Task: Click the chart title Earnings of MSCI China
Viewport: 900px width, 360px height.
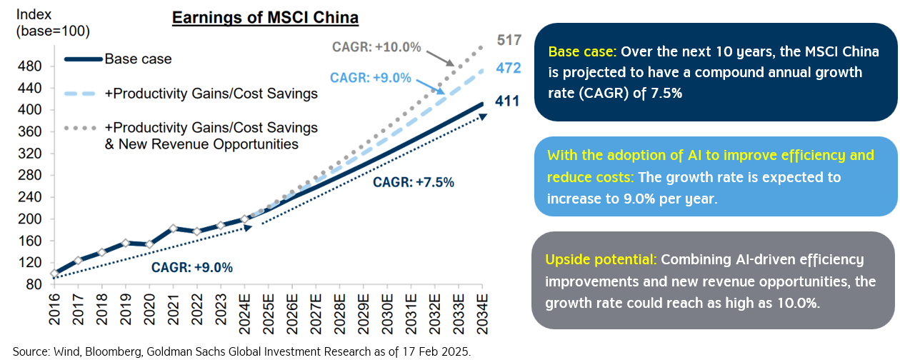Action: (265, 18)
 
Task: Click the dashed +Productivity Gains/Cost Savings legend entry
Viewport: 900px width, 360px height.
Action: (211, 94)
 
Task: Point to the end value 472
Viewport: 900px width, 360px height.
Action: (509, 69)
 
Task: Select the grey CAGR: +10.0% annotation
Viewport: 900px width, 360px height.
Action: (376, 47)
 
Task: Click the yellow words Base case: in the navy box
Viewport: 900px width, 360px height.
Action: (582, 52)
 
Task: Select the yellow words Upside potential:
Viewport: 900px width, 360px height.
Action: (602, 259)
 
